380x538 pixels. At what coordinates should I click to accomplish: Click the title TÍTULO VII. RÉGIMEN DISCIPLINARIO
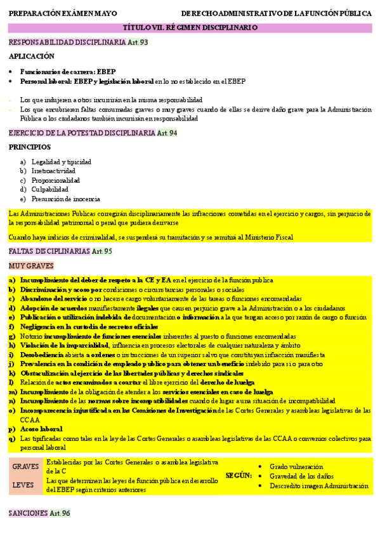190,28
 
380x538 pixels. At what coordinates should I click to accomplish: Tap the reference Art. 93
138,42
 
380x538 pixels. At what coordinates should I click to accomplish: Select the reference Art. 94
167,133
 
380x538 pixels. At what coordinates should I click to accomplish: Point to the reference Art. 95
102,251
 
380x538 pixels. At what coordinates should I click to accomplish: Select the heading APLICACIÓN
32,56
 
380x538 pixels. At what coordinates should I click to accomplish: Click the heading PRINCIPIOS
30,147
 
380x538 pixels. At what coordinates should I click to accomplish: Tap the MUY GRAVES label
31,266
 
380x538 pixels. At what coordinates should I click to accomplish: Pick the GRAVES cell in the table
26,466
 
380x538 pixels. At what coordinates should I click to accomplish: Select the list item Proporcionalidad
56,180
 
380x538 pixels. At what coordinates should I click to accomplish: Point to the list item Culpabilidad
50,189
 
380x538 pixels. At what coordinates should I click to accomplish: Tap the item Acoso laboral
41,429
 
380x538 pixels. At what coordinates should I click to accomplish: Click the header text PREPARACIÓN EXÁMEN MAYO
55,13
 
